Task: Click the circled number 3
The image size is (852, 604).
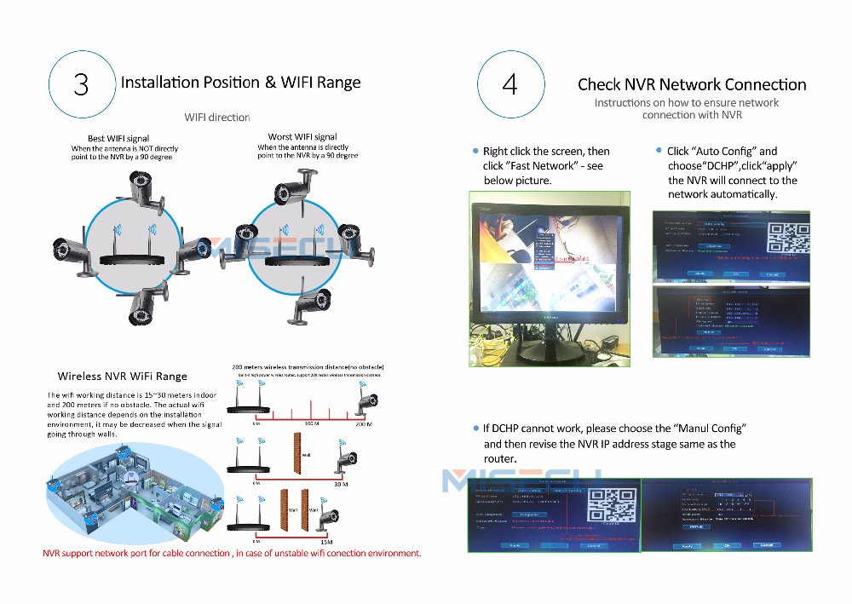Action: point(81,84)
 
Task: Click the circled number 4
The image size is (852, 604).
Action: point(509,84)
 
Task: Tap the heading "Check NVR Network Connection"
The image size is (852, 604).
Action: point(692,84)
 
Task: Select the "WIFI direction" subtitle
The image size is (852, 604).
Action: point(217,118)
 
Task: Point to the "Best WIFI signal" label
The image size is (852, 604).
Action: point(118,138)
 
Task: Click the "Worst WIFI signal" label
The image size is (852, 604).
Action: point(302,136)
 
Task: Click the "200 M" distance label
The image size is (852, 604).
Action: point(365,423)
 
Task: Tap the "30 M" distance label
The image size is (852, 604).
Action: point(341,483)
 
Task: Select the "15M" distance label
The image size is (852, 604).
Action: point(326,540)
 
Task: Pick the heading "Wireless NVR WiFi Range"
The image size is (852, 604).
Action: point(122,376)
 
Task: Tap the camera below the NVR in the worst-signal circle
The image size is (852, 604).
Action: point(312,307)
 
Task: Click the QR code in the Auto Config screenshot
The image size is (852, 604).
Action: point(785,239)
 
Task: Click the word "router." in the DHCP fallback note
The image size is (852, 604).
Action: point(500,459)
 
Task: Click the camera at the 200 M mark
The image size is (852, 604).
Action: point(367,401)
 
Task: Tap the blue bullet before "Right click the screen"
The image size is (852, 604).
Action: point(475,151)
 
